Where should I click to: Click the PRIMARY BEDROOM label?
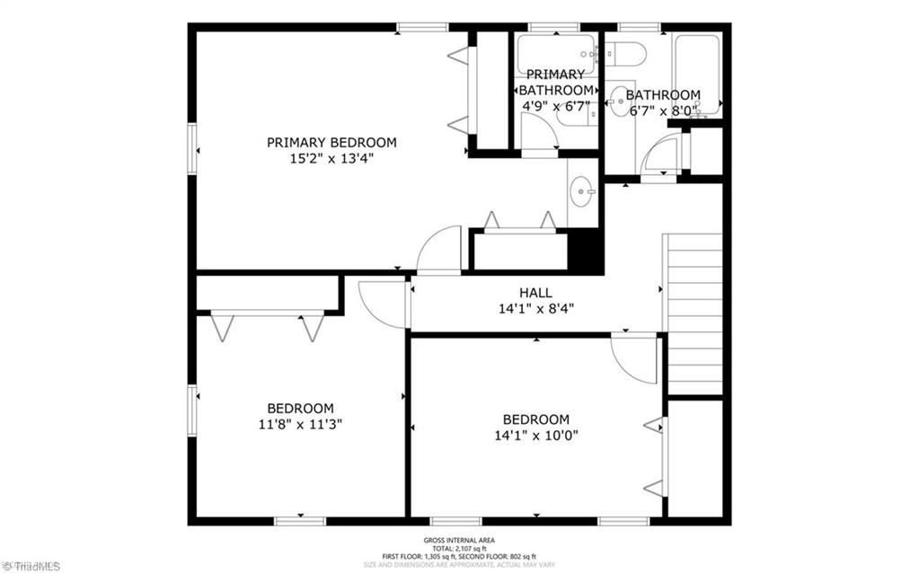pyautogui.click(x=331, y=142)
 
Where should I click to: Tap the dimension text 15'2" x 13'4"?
pyautogui.click(x=331, y=158)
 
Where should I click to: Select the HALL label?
pyautogui.click(x=535, y=293)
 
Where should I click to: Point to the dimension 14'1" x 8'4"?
pyautogui.click(x=535, y=308)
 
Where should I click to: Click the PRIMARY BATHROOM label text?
pyautogui.click(x=556, y=82)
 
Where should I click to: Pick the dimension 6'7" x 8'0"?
pyautogui.click(x=662, y=111)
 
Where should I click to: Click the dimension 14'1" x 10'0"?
pyautogui.click(x=535, y=436)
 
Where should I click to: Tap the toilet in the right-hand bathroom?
pyautogui.click(x=626, y=54)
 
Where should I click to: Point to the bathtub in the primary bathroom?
pyautogui.click(x=556, y=50)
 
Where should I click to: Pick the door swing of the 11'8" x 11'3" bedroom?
pyautogui.click(x=382, y=304)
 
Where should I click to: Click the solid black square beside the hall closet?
pyautogui.click(x=585, y=251)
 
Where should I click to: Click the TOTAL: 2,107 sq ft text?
pyautogui.click(x=459, y=547)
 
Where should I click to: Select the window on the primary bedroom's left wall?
pyautogui.click(x=192, y=148)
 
